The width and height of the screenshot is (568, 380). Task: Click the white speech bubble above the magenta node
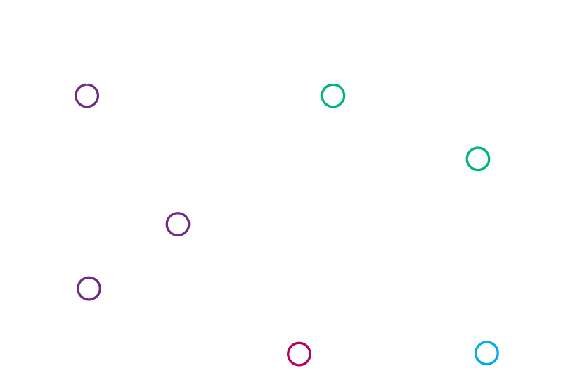coord(299,286)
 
